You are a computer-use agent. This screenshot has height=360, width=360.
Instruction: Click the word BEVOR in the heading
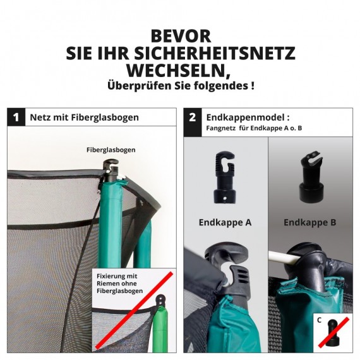tap(180, 35)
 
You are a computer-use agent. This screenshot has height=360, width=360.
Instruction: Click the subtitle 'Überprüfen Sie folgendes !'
tap(180, 85)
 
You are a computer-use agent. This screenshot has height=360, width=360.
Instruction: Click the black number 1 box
tap(16, 117)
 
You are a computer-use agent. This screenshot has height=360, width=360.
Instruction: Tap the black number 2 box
tap(193, 117)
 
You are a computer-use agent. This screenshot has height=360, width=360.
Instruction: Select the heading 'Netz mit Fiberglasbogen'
tap(84, 117)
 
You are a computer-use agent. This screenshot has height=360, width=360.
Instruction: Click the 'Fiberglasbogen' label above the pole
tap(111, 150)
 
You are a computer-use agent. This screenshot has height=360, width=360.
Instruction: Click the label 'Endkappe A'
tap(225, 222)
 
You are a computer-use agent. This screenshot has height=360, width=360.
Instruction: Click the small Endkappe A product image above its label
tap(225, 179)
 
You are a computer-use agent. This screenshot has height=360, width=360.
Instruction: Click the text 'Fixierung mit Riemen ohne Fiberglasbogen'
tap(119, 284)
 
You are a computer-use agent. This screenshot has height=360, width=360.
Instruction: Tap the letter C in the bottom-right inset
tap(320, 320)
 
